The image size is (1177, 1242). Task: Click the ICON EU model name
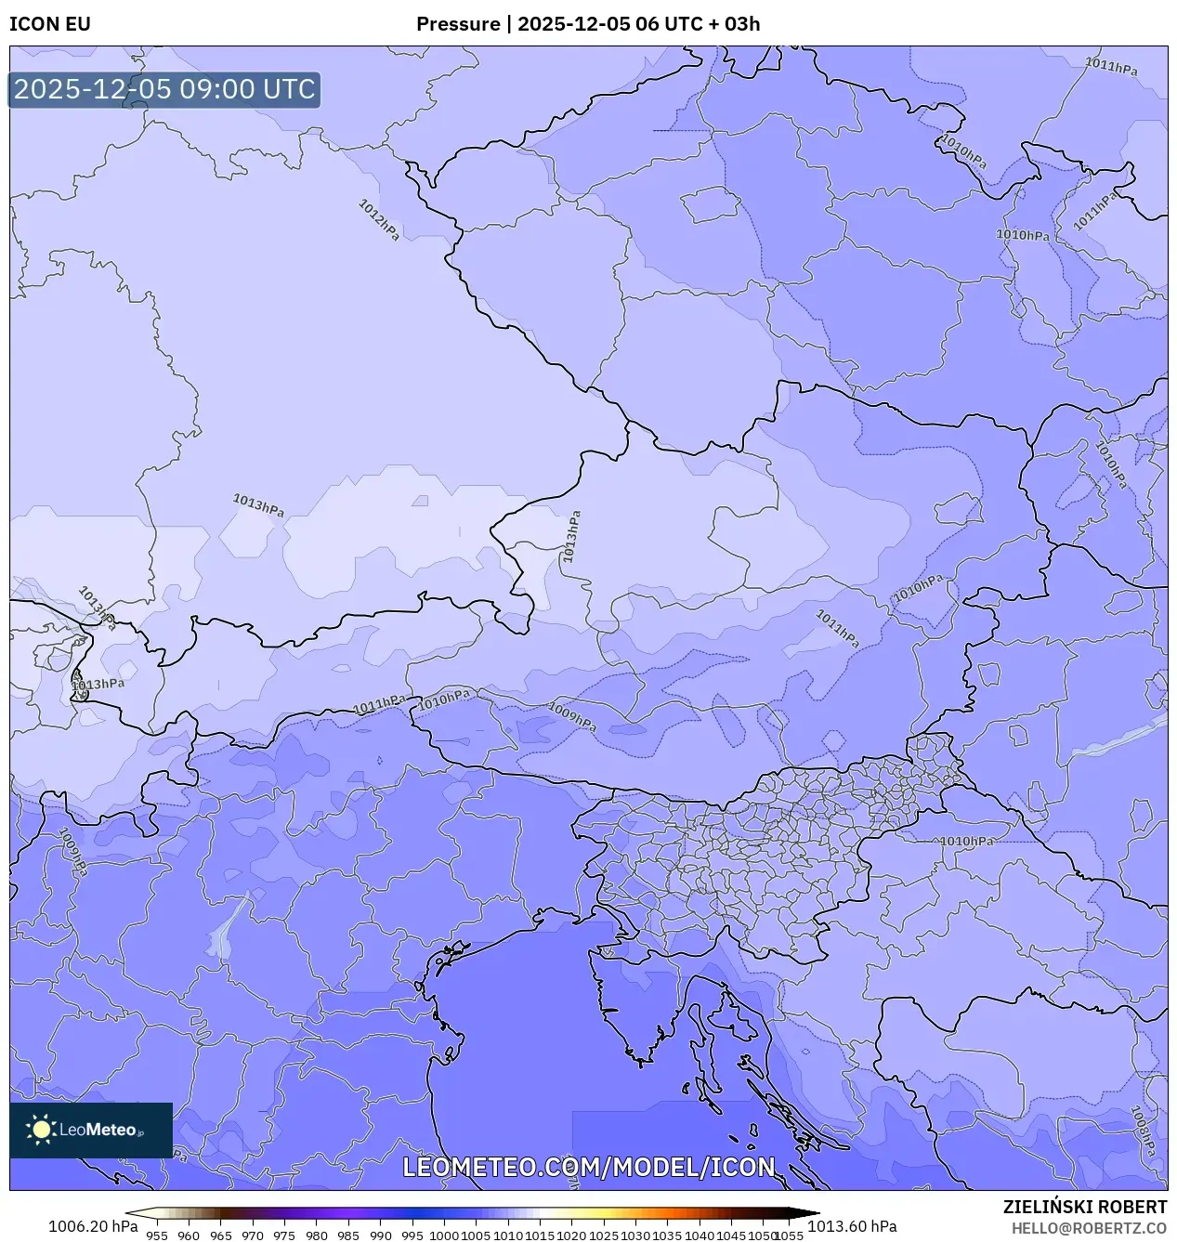click(50, 24)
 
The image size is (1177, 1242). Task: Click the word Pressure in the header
click(457, 24)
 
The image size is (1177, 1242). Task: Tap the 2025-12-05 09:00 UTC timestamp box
click(164, 89)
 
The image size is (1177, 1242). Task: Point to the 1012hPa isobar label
click(379, 220)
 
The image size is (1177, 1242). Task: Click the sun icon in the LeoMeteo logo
click(42, 1130)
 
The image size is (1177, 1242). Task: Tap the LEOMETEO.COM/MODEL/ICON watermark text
click(588, 1167)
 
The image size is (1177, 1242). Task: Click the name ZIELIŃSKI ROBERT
click(1084, 1207)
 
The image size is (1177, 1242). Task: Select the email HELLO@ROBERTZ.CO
click(1089, 1228)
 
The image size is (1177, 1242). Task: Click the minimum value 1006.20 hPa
click(93, 1226)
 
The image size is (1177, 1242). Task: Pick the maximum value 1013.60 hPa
click(852, 1226)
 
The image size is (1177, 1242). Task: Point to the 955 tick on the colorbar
click(157, 1235)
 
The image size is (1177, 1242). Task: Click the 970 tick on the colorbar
click(253, 1235)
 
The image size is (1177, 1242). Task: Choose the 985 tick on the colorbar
click(348, 1235)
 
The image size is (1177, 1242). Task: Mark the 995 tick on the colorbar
click(412, 1235)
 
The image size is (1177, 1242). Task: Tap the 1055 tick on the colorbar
click(789, 1235)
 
